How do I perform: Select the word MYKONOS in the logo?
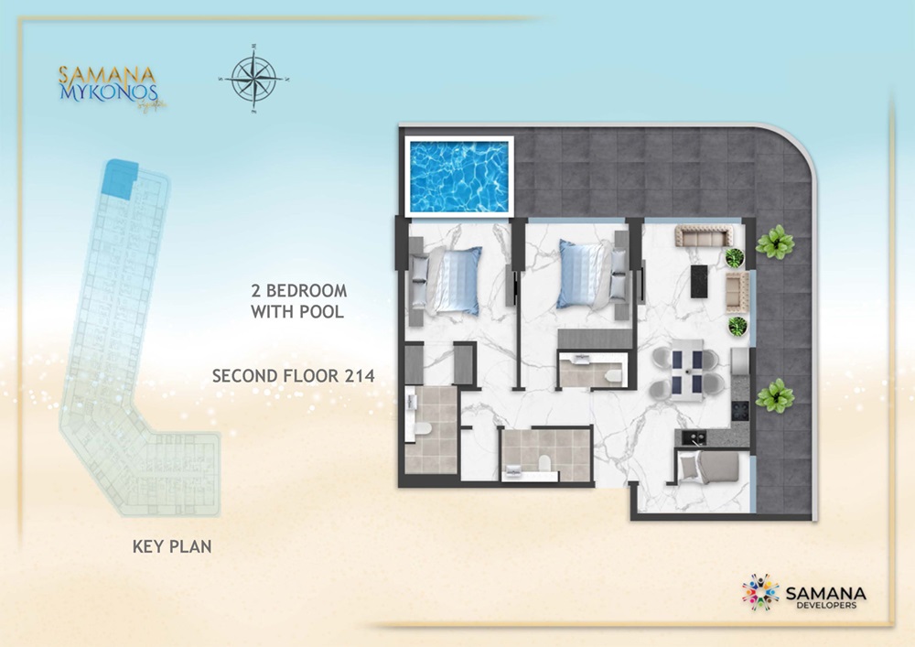pos(108,92)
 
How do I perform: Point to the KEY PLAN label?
pos(172,547)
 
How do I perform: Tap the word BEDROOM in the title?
pos(307,291)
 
